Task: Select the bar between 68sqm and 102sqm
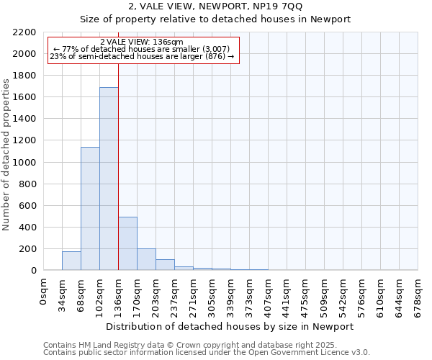click(x=90, y=209)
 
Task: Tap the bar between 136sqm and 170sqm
click(x=127, y=243)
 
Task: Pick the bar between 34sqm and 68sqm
click(x=71, y=261)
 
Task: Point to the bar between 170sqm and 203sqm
click(x=146, y=259)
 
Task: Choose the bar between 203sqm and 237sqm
click(x=165, y=264)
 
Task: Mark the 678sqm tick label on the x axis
click(x=418, y=297)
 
